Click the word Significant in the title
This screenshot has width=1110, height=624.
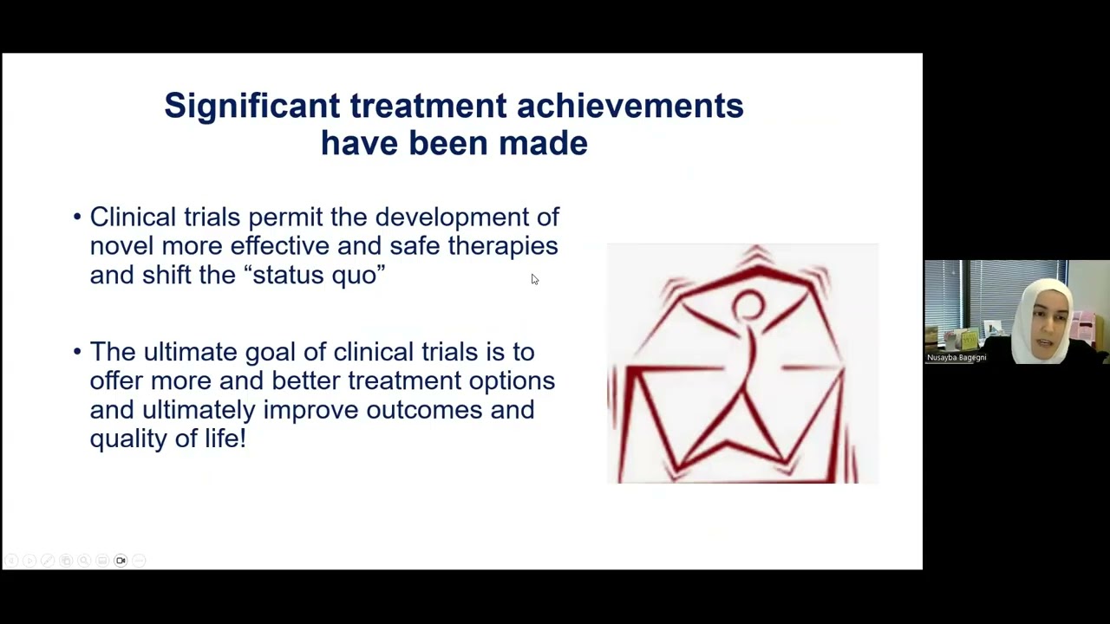tap(251, 107)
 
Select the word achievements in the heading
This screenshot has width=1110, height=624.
tap(630, 106)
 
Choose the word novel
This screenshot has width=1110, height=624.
tap(121, 246)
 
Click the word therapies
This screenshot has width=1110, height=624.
tap(503, 247)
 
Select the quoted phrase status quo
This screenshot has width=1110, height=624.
tap(315, 276)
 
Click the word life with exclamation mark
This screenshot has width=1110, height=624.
tap(225, 439)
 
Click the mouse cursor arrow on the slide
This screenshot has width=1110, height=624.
tap(534, 279)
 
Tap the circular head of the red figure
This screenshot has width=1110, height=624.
tap(748, 306)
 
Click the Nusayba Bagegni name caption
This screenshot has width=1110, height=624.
tap(957, 357)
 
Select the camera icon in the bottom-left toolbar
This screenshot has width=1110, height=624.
tap(121, 561)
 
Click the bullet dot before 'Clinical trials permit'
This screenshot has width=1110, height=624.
tap(77, 218)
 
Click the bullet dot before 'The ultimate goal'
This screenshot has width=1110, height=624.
tap(77, 352)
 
